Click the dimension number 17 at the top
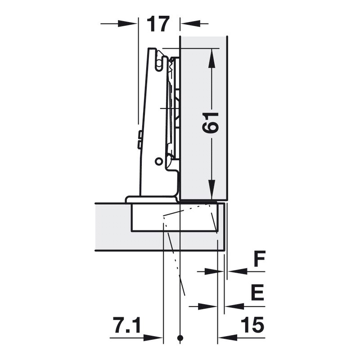(x=158, y=24)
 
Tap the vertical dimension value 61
(x=210, y=122)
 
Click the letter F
(x=260, y=259)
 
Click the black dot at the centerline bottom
(x=180, y=338)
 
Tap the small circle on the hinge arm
(x=158, y=162)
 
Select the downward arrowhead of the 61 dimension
(x=211, y=189)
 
